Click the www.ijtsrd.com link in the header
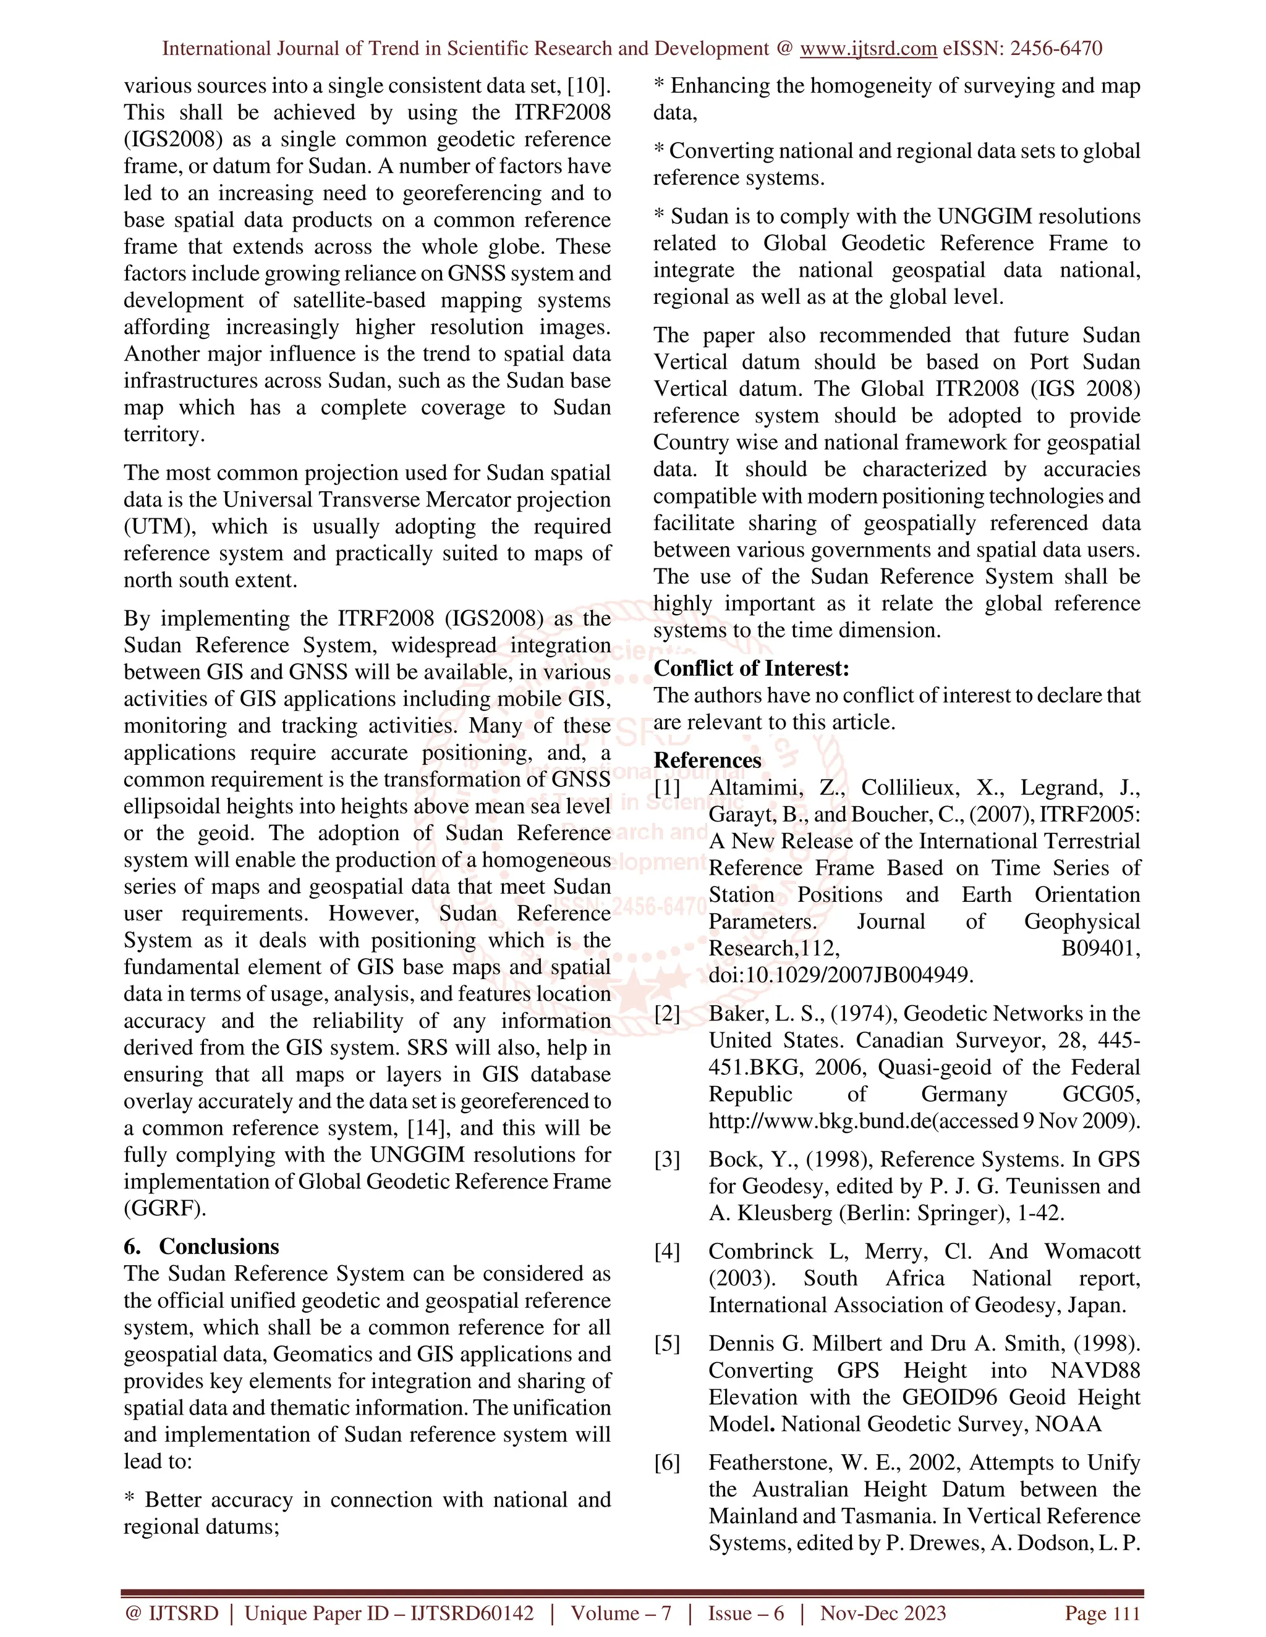pyautogui.click(x=868, y=49)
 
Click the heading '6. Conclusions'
pyautogui.click(x=201, y=1246)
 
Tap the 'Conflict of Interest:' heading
pyautogui.click(x=752, y=668)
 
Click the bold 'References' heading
pyautogui.click(x=707, y=760)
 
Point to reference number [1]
pyautogui.click(x=667, y=788)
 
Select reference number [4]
pyautogui.click(x=667, y=1251)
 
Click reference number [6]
pyautogui.click(x=667, y=1462)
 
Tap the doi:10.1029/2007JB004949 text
pyautogui.click(x=841, y=975)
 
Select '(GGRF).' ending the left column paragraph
pyautogui.click(x=165, y=1208)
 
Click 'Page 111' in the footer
pyautogui.click(x=1102, y=1612)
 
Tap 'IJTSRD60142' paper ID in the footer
pyautogui.click(x=472, y=1612)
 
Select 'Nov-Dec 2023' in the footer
pyautogui.click(x=883, y=1612)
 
